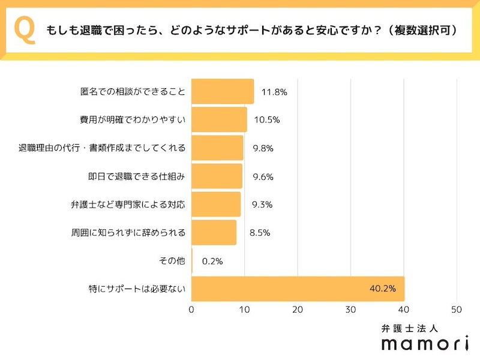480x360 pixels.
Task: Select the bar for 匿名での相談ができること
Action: (222, 92)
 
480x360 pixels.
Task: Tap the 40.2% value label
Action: (382, 289)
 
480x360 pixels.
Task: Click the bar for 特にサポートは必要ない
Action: (298, 289)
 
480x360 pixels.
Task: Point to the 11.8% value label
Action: (274, 92)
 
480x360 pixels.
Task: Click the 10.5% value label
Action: (267, 119)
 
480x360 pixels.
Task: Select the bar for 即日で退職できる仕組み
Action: (217, 176)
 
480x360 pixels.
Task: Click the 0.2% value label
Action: (212, 261)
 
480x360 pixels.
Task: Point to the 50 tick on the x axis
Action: (457, 310)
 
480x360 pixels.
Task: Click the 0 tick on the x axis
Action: (191, 310)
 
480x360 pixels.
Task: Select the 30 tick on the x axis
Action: (350, 310)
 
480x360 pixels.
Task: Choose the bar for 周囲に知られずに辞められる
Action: (214, 232)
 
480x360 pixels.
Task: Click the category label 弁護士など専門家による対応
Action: (128, 204)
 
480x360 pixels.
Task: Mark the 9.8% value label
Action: (263, 148)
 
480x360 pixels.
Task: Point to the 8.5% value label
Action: (259, 232)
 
